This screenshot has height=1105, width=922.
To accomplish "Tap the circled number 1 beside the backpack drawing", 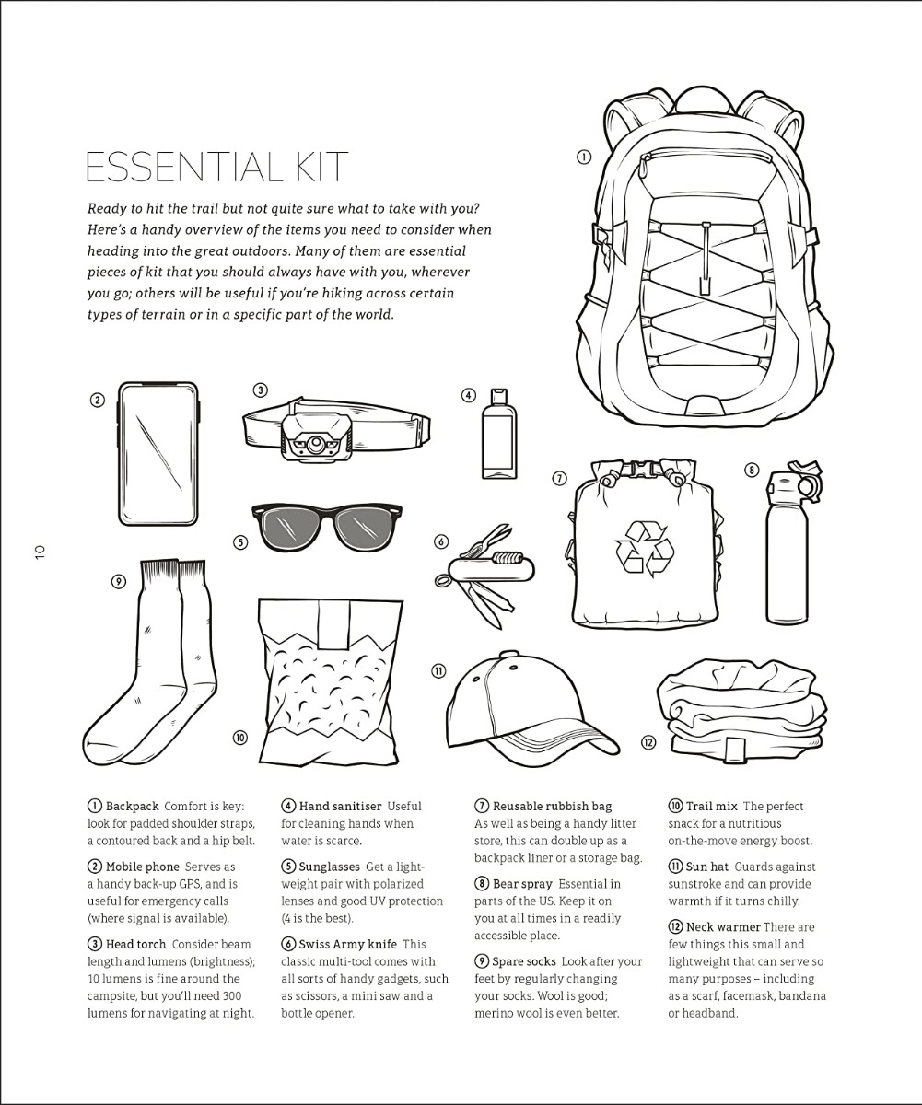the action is tap(583, 157).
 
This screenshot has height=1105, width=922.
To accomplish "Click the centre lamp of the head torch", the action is tap(316, 442).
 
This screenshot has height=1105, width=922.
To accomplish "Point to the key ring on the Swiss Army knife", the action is tap(441, 580).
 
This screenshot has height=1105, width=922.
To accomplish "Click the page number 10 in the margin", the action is tap(41, 552).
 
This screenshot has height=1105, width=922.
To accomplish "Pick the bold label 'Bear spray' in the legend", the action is tap(522, 884).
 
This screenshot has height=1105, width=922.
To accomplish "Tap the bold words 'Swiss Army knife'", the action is tap(348, 944).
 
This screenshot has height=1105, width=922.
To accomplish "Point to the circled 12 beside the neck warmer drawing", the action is tap(648, 742).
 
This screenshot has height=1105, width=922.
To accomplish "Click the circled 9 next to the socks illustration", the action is tap(119, 582).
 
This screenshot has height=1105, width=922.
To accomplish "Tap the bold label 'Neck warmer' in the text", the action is tap(723, 926).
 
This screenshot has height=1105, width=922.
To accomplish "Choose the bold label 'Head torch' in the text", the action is tap(135, 944).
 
